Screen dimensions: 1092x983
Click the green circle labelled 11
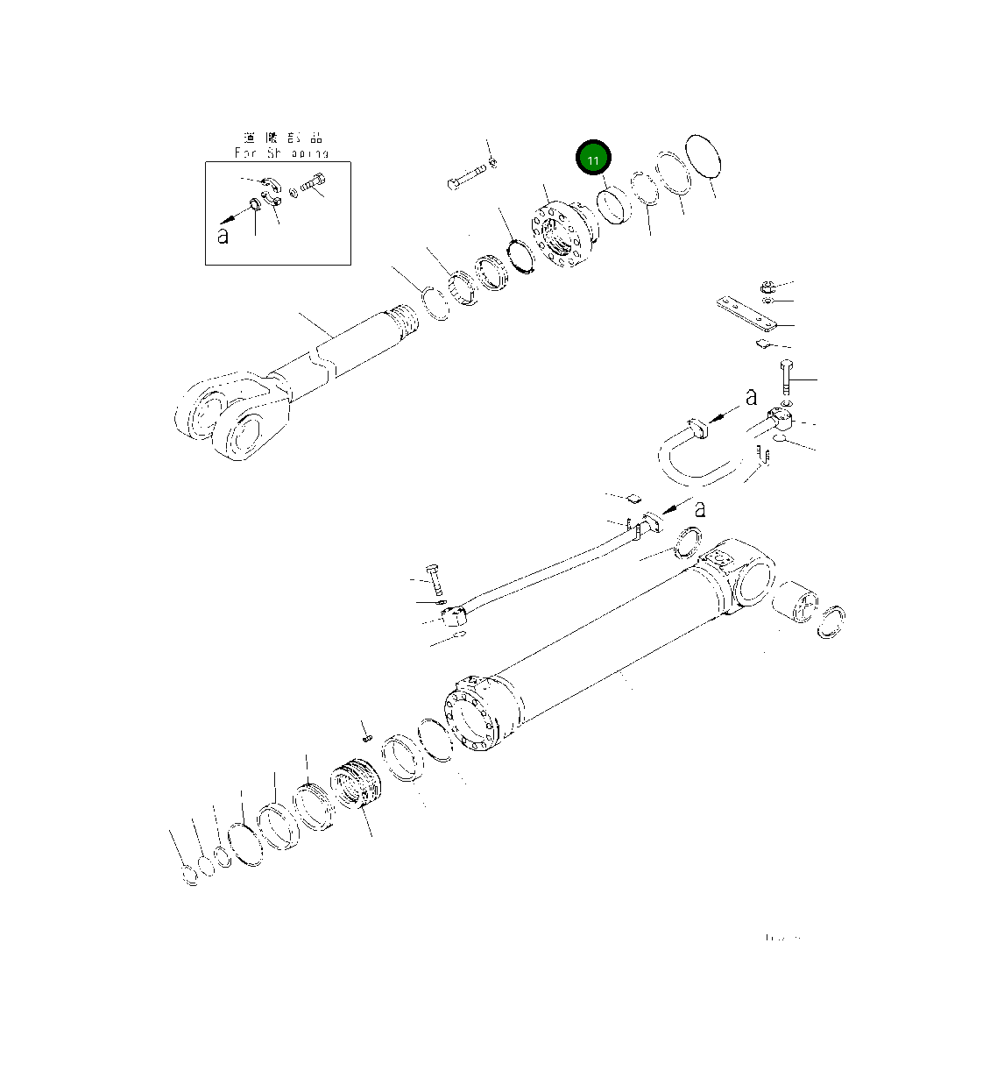click(x=593, y=160)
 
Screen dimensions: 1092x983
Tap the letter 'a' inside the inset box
click(x=223, y=235)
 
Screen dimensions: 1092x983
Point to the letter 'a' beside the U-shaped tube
click(x=751, y=397)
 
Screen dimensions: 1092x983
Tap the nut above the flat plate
click(x=764, y=286)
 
